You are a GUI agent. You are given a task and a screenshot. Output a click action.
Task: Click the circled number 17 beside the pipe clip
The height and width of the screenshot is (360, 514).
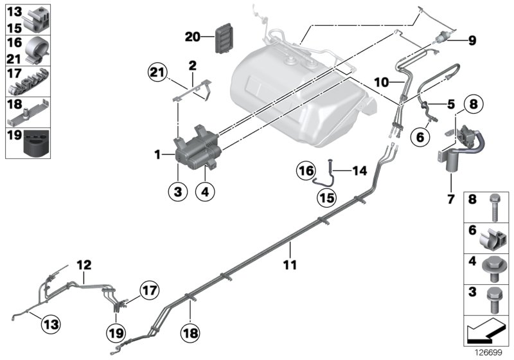(x=149, y=291)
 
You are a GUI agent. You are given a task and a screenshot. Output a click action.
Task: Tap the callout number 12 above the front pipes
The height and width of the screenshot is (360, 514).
(x=85, y=264)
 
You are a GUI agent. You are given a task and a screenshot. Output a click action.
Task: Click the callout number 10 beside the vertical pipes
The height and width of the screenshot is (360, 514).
(x=382, y=83)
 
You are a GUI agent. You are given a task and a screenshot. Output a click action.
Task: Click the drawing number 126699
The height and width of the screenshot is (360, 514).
(x=488, y=352)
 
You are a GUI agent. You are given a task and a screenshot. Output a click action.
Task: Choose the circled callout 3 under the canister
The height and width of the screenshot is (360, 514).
(x=179, y=191)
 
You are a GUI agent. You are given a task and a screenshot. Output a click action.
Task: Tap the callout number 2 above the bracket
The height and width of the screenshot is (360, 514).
(x=191, y=65)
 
